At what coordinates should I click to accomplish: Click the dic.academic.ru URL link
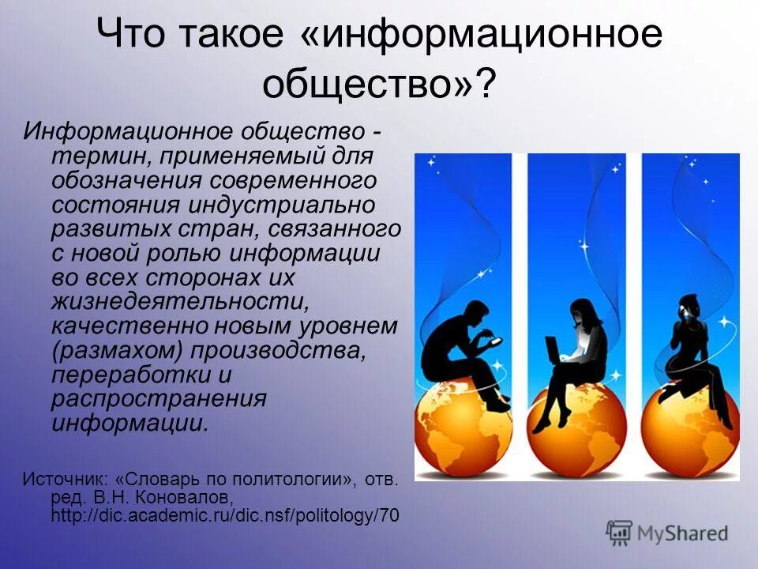224,516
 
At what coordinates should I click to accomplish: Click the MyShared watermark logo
667,532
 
